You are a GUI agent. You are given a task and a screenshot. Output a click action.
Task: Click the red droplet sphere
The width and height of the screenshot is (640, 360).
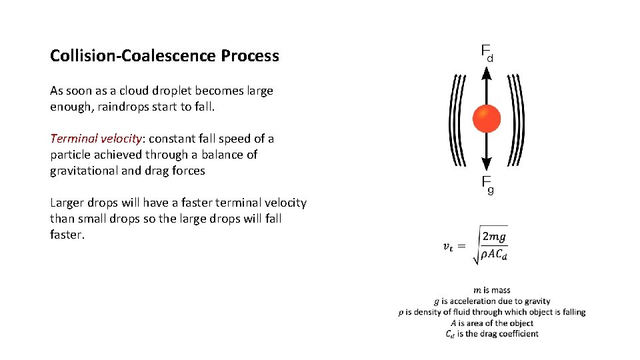coord(486,119)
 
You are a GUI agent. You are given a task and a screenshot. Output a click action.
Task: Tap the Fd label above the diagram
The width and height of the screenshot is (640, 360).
coord(487,52)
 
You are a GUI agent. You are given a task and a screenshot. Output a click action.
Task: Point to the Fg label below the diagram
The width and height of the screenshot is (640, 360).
coord(487,185)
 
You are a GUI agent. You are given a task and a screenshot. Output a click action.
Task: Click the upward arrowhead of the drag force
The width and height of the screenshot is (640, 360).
coord(486,71)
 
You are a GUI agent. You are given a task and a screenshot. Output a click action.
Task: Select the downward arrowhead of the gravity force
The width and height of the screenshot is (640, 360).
coord(486,163)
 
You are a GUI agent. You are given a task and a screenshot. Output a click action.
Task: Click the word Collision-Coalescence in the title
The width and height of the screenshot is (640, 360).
coord(133,55)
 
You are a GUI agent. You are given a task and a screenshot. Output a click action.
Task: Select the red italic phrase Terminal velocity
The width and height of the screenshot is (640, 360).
coord(96,139)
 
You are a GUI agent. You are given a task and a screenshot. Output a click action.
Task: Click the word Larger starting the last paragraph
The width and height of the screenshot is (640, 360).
coord(68,203)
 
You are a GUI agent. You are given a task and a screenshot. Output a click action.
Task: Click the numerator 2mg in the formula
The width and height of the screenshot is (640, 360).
coord(494,237)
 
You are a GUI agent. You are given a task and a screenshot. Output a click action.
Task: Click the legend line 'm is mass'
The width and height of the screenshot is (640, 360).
coord(492,290)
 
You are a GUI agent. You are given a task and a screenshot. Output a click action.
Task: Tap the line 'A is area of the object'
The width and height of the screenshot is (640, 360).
coord(492,323)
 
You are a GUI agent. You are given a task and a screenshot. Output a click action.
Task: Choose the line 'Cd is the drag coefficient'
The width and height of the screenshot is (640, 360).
coord(492,334)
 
